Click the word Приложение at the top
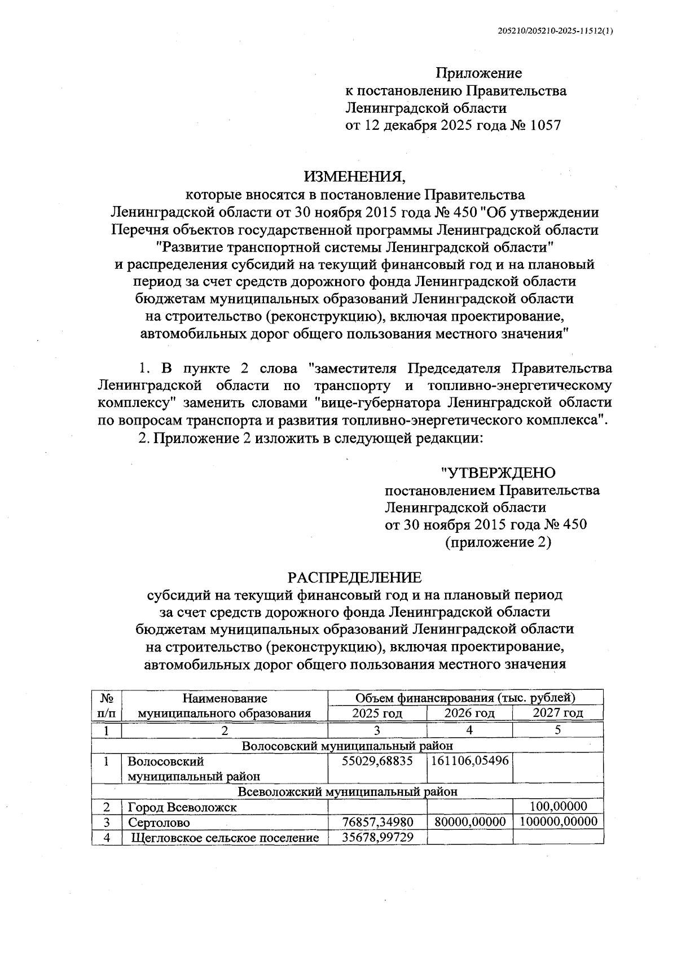point(478,73)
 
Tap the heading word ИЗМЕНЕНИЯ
point(355,177)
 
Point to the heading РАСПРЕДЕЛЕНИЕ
point(355,577)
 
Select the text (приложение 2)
point(498,542)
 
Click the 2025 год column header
point(377,713)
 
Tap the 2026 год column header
point(469,713)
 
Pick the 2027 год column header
point(557,713)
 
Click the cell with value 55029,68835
point(377,761)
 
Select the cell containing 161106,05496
point(470,761)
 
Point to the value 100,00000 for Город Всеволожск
point(557,806)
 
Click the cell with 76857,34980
point(377,822)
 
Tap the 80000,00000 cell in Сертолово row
point(470,822)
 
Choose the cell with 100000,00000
point(557,822)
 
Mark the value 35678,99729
point(377,837)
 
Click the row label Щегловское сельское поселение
point(225,838)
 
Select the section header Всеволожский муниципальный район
point(348,791)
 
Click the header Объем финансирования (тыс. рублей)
point(465,698)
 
